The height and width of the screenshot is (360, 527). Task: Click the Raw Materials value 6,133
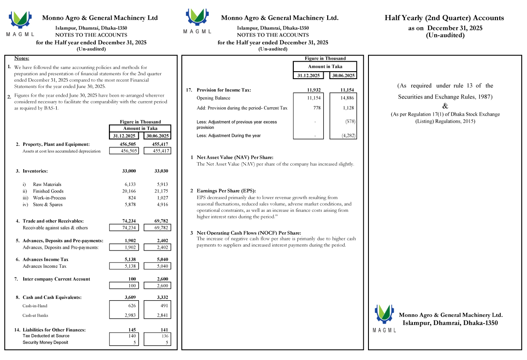point(130,185)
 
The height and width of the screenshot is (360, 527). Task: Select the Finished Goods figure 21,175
point(161,191)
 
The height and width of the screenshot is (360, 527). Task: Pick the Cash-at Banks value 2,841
point(161,316)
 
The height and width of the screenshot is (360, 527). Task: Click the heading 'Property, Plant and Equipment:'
point(56,144)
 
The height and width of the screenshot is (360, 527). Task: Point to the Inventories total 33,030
point(161,171)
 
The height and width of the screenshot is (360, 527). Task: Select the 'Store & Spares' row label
point(47,204)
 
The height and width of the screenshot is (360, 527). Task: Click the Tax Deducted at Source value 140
point(130,336)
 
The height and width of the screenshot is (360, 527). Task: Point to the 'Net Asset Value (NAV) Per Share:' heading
point(235,157)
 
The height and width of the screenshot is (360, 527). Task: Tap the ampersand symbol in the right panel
point(445,105)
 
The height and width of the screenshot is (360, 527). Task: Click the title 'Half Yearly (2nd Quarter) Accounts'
point(444,18)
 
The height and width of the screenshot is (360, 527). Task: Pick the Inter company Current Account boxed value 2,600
point(161,286)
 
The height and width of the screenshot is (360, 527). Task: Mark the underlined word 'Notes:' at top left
point(22,58)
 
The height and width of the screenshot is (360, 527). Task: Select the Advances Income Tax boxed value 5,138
point(130,266)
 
